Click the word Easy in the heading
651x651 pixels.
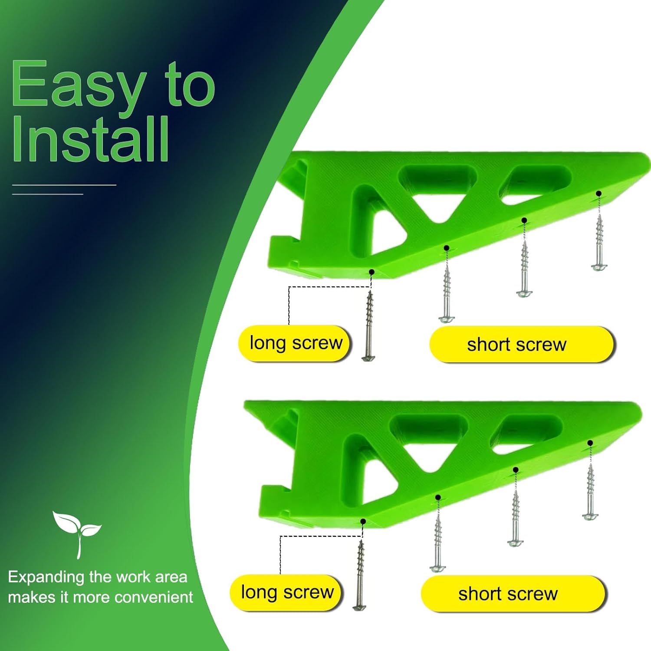(x=78, y=85)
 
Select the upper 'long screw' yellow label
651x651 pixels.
(x=295, y=343)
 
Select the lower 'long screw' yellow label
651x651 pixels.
(x=287, y=592)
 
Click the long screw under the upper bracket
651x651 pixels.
(x=369, y=325)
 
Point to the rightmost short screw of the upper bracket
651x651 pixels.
(x=599, y=243)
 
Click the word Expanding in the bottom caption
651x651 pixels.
(x=46, y=577)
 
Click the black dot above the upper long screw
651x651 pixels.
(x=372, y=272)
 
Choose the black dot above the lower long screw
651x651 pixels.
(x=363, y=521)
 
